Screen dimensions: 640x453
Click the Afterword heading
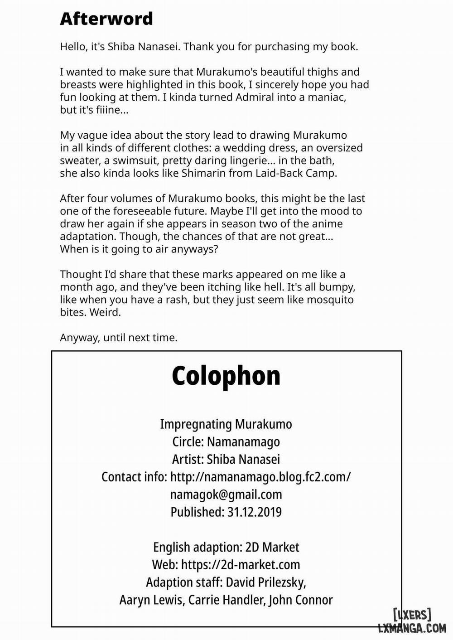(x=106, y=19)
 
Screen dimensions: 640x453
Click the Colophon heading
(x=226, y=376)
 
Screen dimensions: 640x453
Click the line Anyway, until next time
(x=119, y=338)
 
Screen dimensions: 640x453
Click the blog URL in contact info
(x=260, y=477)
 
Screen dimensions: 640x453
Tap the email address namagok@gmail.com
(x=226, y=495)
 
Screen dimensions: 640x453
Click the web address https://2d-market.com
(x=241, y=565)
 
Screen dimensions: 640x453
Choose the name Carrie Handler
(x=226, y=600)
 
